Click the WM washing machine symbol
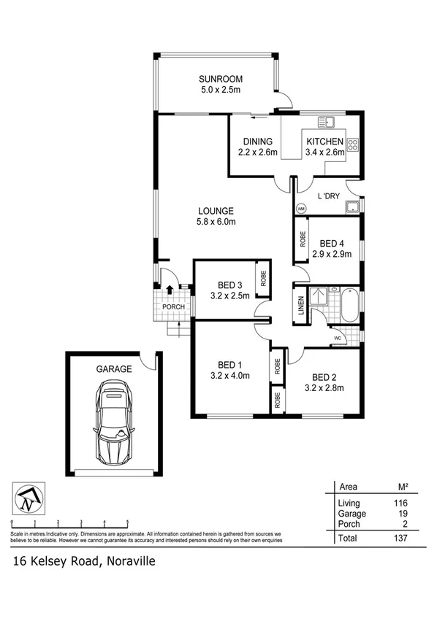click(x=300, y=208)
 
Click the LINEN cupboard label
click(x=300, y=305)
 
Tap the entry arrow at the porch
click(x=170, y=290)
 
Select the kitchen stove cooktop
click(x=353, y=144)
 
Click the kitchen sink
click(x=329, y=121)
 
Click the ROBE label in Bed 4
click(x=303, y=239)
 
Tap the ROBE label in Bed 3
click(x=261, y=277)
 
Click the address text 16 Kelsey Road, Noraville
click(x=83, y=561)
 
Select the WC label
click(x=337, y=339)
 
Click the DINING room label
click(x=255, y=142)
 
